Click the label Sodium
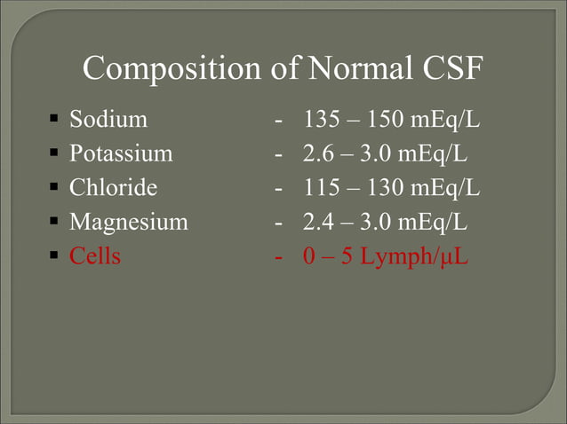[x=108, y=119]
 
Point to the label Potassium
[x=121, y=153]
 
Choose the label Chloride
[x=114, y=188]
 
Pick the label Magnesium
[x=129, y=223]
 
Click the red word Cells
[x=95, y=257]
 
